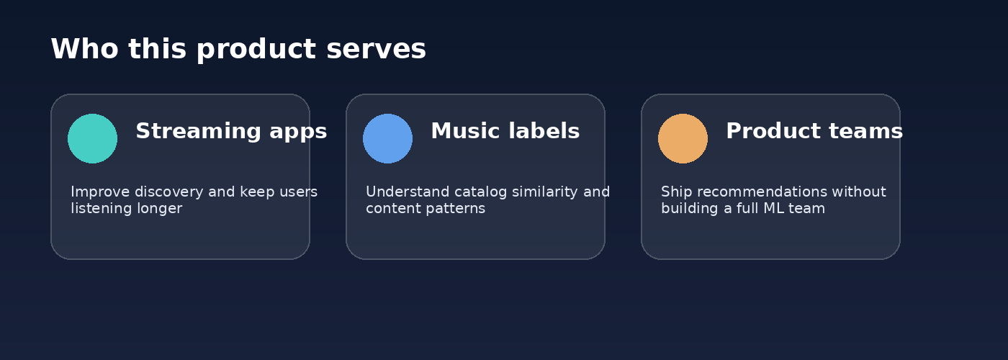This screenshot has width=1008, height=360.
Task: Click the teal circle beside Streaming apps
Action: point(92,138)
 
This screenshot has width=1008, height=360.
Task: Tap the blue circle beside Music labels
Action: point(387,138)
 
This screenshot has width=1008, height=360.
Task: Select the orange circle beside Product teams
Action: point(683,138)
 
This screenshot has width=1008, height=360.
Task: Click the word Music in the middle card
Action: point(466,131)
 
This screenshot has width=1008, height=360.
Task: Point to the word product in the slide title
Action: point(256,50)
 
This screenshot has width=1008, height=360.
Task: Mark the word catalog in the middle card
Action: point(481,192)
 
